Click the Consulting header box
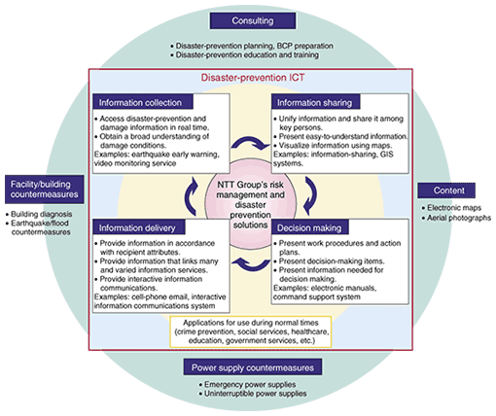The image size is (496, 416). [253, 20]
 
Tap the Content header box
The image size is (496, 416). [446, 191]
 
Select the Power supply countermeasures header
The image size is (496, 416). [253, 367]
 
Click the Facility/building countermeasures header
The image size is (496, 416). [45, 190]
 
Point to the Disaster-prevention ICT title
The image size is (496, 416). [253, 78]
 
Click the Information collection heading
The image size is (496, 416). [143, 102]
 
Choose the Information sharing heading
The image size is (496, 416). [315, 102]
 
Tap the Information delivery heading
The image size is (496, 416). [139, 227]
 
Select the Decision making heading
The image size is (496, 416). [309, 227]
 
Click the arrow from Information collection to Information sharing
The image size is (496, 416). [250, 142]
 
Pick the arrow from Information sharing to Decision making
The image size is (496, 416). [311, 196]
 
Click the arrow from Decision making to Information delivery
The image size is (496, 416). [251, 264]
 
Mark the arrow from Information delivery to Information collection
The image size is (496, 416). [191, 196]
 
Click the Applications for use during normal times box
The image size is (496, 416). [251, 331]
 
